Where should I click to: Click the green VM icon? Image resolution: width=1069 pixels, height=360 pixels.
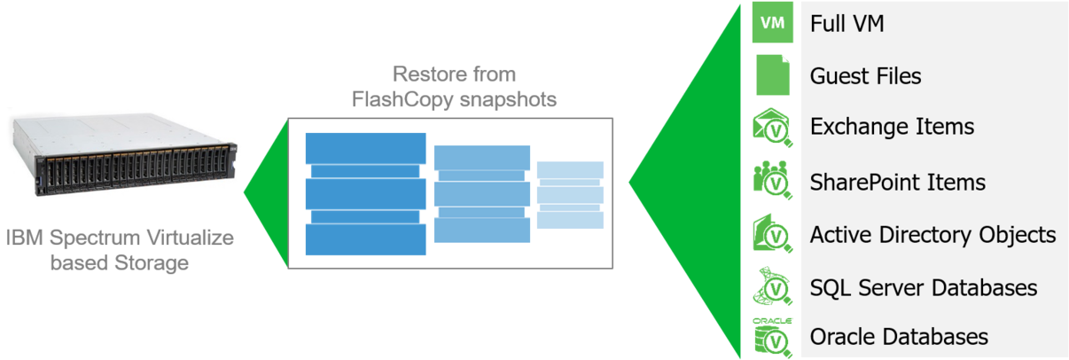click(773, 24)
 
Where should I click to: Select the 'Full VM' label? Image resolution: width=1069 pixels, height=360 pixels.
click(847, 24)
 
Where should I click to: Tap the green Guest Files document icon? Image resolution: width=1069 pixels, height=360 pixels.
click(773, 75)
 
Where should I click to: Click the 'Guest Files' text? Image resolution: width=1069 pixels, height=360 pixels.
click(865, 76)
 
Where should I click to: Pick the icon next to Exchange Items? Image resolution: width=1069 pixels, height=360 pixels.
click(773, 129)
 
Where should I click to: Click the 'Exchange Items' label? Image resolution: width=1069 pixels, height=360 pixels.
click(892, 127)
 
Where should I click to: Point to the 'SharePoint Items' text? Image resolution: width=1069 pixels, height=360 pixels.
click(897, 182)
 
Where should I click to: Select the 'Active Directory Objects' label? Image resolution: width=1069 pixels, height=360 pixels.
click(932, 235)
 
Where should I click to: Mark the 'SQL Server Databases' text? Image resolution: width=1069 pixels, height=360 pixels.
click(923, 288)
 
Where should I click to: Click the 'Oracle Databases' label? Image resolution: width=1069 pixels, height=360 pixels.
click(899, 337)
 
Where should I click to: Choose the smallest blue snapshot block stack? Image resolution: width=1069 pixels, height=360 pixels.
click(571, 195)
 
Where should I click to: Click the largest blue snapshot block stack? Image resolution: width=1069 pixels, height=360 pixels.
click(365, 194)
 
